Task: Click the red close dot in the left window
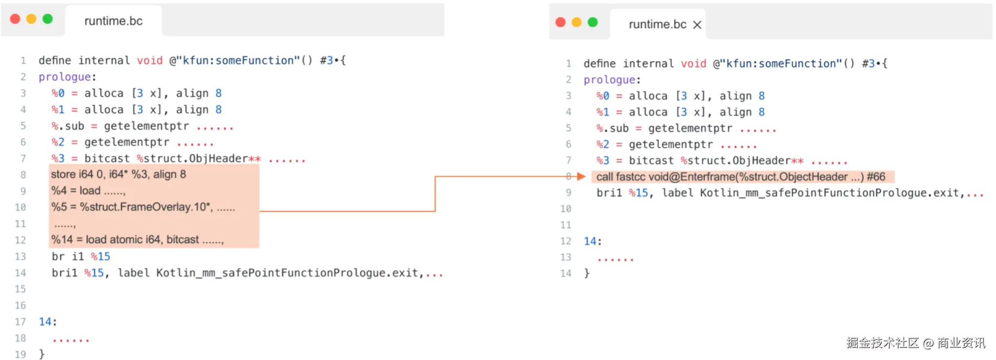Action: point(15,19)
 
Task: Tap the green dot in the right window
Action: point(592,22)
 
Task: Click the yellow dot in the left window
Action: point(31,19)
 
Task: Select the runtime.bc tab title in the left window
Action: point(113,21)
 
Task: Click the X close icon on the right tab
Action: point(697,25)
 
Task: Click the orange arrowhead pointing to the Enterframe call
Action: point(581,176)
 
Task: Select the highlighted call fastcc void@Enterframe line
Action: point(741,177)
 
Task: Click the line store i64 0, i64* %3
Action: point(118,174)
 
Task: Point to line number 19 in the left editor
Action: point(20,354)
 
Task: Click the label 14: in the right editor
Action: point(593,241)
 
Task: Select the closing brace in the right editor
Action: point(587,273)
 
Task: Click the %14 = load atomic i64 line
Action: point(137,240)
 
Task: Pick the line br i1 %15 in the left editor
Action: point(81,256)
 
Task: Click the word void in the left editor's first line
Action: point(150,60)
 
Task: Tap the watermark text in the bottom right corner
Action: point(916,343)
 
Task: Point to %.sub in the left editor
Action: point(68,126)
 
